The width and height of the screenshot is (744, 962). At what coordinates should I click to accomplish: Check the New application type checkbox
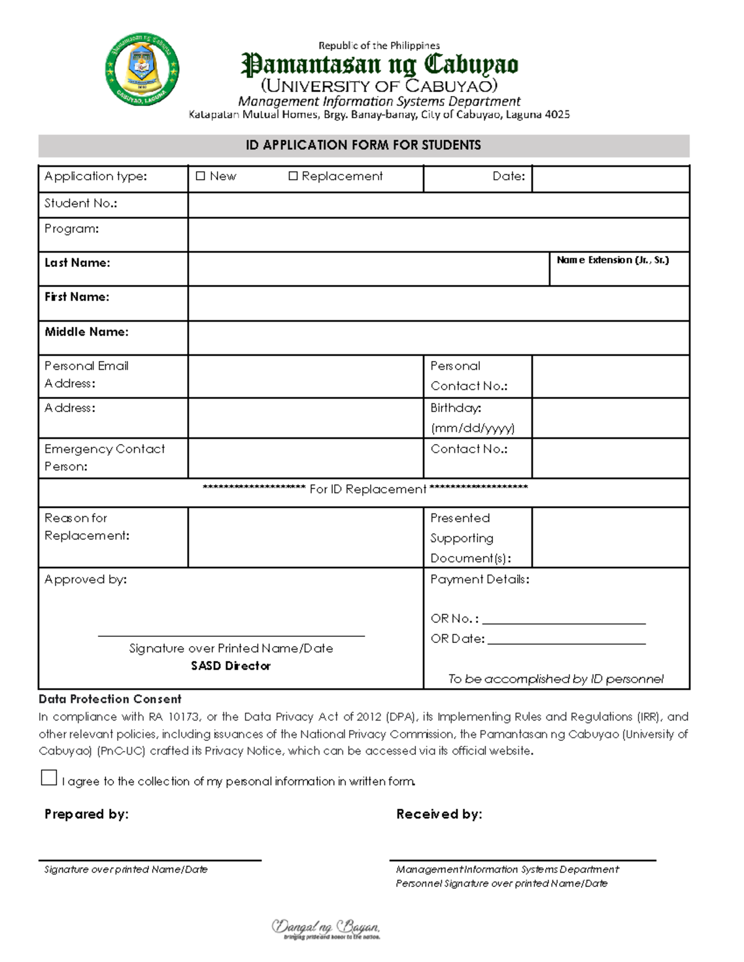(x=200, y=177)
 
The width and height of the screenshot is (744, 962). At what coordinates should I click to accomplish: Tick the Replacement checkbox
(x=293, y=177)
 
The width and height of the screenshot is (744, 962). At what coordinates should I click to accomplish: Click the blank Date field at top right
(x=610, y=178)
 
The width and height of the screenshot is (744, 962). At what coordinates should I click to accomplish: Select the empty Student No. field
(x=438, y=204)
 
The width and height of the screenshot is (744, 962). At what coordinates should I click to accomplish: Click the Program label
(x=71, y=229)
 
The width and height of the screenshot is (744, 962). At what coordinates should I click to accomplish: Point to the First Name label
(x=77, y=297)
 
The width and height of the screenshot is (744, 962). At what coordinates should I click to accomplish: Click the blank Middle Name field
(x=438, y=338)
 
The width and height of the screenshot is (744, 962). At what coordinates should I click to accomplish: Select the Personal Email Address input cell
(x=305, y=376)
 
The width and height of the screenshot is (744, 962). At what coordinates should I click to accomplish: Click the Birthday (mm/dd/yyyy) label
(x=472, y=418)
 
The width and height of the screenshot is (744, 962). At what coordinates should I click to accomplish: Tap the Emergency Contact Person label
(x=104, y=457)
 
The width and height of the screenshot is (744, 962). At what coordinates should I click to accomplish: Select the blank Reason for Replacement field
(x=305, y=537)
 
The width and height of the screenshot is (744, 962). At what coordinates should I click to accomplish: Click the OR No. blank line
(x=564, y=619)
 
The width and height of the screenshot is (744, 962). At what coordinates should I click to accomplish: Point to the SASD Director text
(x=231, y=666)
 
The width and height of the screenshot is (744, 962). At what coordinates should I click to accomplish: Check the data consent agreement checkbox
(x=49, y=778)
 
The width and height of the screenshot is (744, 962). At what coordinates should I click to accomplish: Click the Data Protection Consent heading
(x=110, y=699)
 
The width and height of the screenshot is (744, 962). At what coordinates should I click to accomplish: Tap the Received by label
(x=439, y=814)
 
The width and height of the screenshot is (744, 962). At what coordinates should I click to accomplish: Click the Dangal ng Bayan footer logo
(x=325, y=929)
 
